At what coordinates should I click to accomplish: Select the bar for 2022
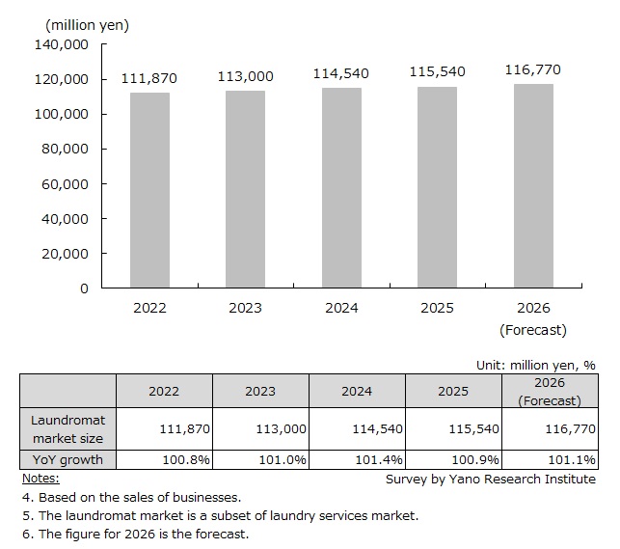pyautogui.click(x=149, y=190)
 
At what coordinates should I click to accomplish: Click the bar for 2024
pyautogui.click(x=341, y=188)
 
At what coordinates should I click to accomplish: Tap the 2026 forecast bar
pyautogui.click(x=533, y=186)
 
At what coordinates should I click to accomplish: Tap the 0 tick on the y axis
pyautogui.click(x=84, y=288)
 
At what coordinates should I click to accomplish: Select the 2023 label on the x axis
pyautogui.click(x=245, y=308)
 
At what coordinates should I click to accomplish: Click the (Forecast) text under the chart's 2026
pyautogui.click(x=533, y=329)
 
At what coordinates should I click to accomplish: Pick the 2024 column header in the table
pyautogui.click(x=357, y=391)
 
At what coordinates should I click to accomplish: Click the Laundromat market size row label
pyautogui.click(x=68, y=428)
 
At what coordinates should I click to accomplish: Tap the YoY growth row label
pyautogui.click(x=68, y=459)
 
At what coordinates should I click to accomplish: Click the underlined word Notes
pyautogui.click(x=40, y=478)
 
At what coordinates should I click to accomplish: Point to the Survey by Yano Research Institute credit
pyautogui.click(x=490, y=479)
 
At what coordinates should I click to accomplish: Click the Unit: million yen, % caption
pyautogui.click(x=535, y=366)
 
